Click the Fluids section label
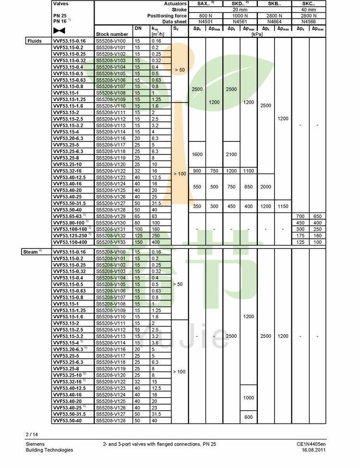(34, 41)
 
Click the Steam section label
(32, 252)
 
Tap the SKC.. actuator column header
(309, 3)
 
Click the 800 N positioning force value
(205, 15)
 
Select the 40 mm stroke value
(309, 10)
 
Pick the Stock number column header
(112, 34)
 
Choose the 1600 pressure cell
(197, 154)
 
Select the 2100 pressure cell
(231, 154)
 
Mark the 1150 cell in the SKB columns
(283, 206)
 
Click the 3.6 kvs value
(156, 343)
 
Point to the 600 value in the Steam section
(248, 417)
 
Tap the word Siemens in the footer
(35, 444)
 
